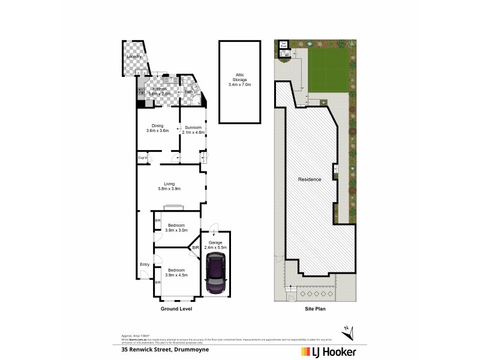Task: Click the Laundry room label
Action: coord(134,56)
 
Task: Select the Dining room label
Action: coord(158,125)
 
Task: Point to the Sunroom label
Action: coord(193,127)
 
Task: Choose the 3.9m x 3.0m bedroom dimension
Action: coord(176,230)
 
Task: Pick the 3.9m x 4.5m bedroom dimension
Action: coord(176,275)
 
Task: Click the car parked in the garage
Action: coord(214,274)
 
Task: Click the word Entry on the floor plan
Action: coord(145,265)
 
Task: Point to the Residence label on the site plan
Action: coord(310,179)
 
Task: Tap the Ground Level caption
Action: coord(176,310)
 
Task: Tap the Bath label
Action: coord(188,92)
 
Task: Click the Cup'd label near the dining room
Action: coord(143,158)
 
